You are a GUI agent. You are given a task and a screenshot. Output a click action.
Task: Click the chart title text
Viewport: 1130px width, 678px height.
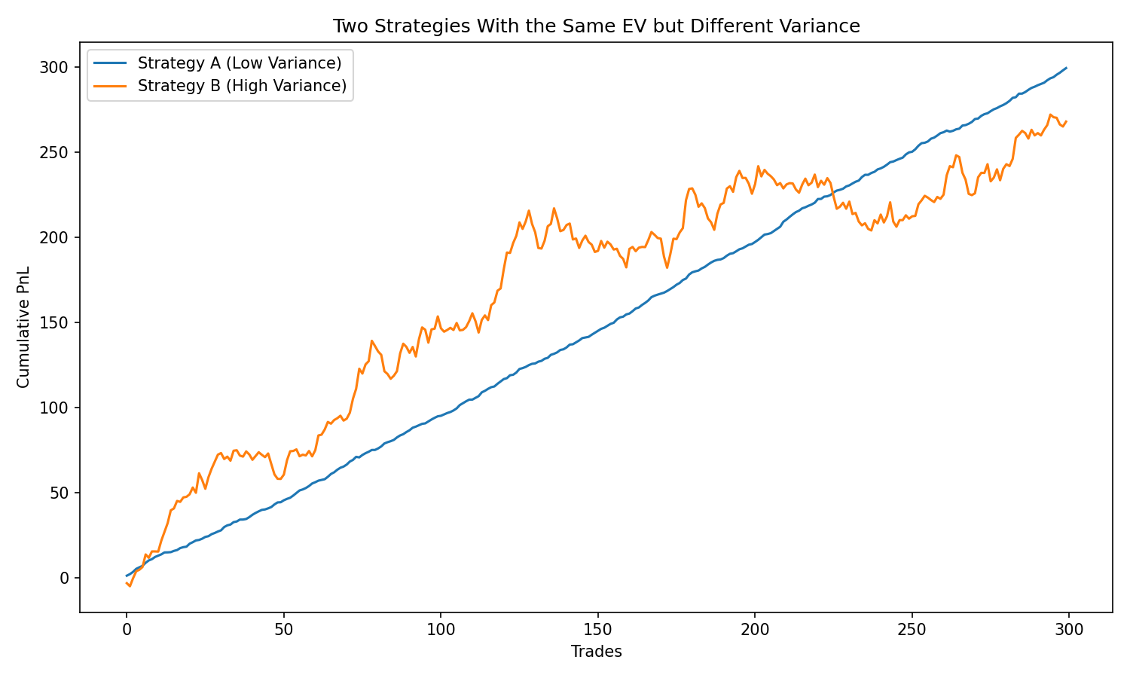click(x=596, y=26)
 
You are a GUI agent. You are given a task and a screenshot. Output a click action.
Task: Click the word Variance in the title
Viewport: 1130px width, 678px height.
click(x=821, y=26)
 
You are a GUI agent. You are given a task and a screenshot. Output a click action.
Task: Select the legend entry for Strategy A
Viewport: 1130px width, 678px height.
click(x=240, y=62)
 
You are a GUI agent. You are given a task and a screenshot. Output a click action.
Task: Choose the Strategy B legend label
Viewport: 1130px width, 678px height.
click(x=242, y=86)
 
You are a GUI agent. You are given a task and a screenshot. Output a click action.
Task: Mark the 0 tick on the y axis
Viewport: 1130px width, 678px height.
click(x=65, y=578)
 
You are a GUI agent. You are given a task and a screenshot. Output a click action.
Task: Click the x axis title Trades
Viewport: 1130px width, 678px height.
click(x=596, y=652)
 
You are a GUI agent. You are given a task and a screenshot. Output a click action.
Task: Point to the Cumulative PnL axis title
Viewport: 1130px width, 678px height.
click(x=24, y=327)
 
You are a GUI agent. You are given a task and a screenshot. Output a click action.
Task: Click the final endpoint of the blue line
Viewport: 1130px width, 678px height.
click(x=1066, y=68)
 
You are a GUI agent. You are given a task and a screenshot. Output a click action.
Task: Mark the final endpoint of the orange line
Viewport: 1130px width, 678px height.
click(x=1066, y=121)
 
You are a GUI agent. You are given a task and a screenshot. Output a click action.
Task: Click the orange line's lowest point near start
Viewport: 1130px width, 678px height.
click(x=130, y=586)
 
